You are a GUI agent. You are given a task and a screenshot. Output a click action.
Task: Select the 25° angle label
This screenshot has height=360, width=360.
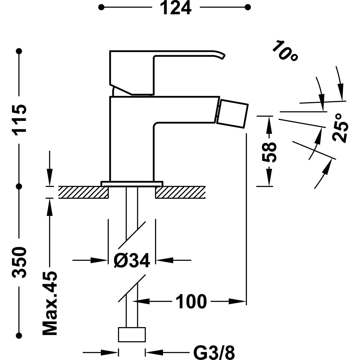click(x=340, y=128)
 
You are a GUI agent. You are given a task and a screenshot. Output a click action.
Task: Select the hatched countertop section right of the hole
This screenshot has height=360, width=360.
click(x=180, y=192)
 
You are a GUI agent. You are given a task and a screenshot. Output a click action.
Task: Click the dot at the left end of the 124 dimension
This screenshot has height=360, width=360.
click(x=102, y=7)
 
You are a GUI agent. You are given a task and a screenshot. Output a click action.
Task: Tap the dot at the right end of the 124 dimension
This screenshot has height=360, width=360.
click(x=248, y=7)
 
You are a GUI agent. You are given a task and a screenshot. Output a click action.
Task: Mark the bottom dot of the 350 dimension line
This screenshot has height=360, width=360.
click(x=20, y=335)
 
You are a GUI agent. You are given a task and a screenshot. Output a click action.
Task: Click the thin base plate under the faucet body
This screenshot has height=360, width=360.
click(x=132, y=183)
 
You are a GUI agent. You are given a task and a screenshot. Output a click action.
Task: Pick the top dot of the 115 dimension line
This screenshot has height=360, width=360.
click(x=20, y=51)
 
